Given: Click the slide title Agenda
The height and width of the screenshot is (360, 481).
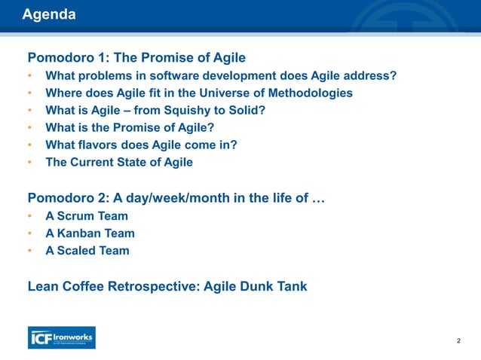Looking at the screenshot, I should pyautogui.click(x=48, y=14).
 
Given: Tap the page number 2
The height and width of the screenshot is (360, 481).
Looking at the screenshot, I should pyautogui.click(x=458, y=341).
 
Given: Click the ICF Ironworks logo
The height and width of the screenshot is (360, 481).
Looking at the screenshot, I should pyautogui.click(x=61, y=337).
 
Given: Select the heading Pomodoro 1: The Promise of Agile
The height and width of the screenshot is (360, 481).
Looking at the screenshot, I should pyautogui.click(x=136, y=57).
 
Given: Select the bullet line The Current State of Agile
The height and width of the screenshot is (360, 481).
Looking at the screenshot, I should pyautogui.click(x=118, y=162).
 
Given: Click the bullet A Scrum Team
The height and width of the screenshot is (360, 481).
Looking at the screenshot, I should pyautogui.click(x=87, y=216).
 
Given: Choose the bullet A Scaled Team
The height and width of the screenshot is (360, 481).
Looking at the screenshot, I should pyautogui.click(x=87, y=251).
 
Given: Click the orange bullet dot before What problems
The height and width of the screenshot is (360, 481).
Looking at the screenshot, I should pyautogui.click(x=30, y=76).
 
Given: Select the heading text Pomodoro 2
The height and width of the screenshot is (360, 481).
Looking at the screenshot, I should pyautogui.click(x=63, y=198).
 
